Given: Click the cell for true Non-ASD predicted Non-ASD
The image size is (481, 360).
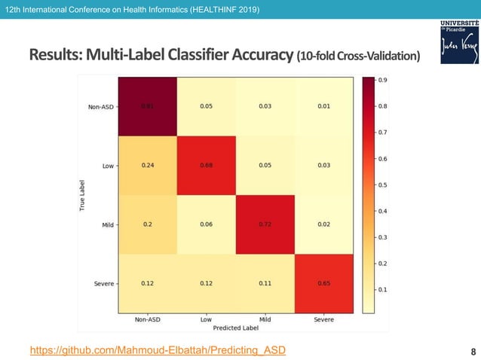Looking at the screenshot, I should [147, 105].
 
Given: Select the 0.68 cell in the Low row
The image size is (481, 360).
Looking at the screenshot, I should [206, 165].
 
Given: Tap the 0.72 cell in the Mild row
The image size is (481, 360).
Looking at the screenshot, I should [265, 224].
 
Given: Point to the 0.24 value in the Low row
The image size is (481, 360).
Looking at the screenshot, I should [147, 165].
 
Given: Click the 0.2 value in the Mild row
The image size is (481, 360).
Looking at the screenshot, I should [147, 224].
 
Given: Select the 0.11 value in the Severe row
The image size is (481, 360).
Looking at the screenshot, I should [265, 283].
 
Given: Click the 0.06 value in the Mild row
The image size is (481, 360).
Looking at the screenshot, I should [206, 224].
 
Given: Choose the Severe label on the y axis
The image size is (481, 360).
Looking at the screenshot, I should [103, 283].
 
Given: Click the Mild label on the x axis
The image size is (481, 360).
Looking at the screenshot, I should [265, 319].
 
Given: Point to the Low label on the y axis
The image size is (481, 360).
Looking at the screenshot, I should [107, 165].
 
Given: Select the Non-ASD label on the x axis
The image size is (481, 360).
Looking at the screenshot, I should [147, 319].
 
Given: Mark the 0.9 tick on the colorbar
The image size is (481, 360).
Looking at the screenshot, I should [382, 80].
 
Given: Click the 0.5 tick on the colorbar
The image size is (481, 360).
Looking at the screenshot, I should [382, 185].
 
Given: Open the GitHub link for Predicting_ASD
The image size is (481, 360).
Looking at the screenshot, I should [158, 350].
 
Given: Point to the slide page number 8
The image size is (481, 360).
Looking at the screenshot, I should [472, 351].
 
